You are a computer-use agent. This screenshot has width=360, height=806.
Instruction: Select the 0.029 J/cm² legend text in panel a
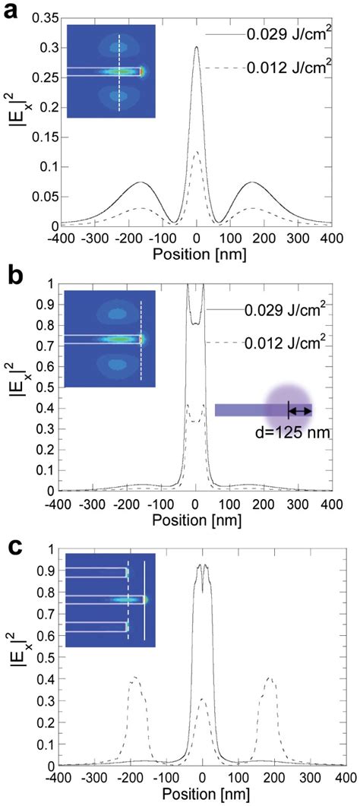[x=284, y=34]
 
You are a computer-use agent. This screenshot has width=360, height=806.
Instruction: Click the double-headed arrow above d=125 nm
[x=300, y=411]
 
